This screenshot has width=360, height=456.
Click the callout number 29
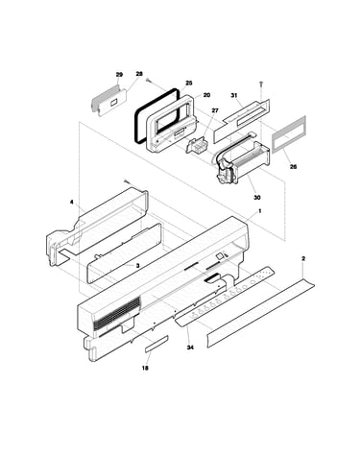click(x=119, y=75)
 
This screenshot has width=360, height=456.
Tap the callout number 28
click(x=139, y=74)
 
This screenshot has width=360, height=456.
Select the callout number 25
click(x=189, y=83)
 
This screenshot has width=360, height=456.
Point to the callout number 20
click(x=206, y=95)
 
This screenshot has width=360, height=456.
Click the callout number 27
click(x=215, y=110)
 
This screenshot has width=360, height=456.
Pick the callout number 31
click(x=234, y=95)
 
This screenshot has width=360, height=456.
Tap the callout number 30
click(x=257, y=198)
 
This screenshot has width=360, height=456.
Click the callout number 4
click(x=72, y=202)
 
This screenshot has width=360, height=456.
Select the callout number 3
click(x=137, y=265)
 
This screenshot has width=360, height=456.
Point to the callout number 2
click(x=303, y=258)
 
